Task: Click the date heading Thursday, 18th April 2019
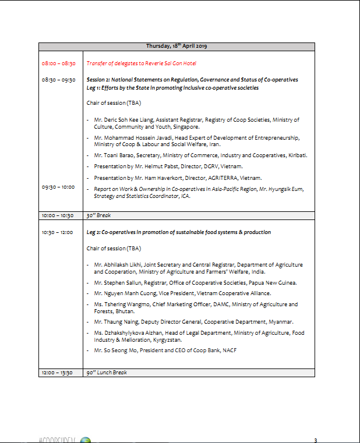click(177, 46)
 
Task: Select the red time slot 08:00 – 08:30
click(58, 63)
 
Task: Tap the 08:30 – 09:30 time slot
click(58, 80)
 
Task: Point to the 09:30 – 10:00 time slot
click(58, 187)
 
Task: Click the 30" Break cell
click(99, 215)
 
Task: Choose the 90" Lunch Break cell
click(107, 372)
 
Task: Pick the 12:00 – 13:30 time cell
click(57, 372)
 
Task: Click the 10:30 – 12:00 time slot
click(57, 232)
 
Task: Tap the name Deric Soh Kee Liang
click(129, 119)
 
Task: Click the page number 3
click(315, 440)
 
